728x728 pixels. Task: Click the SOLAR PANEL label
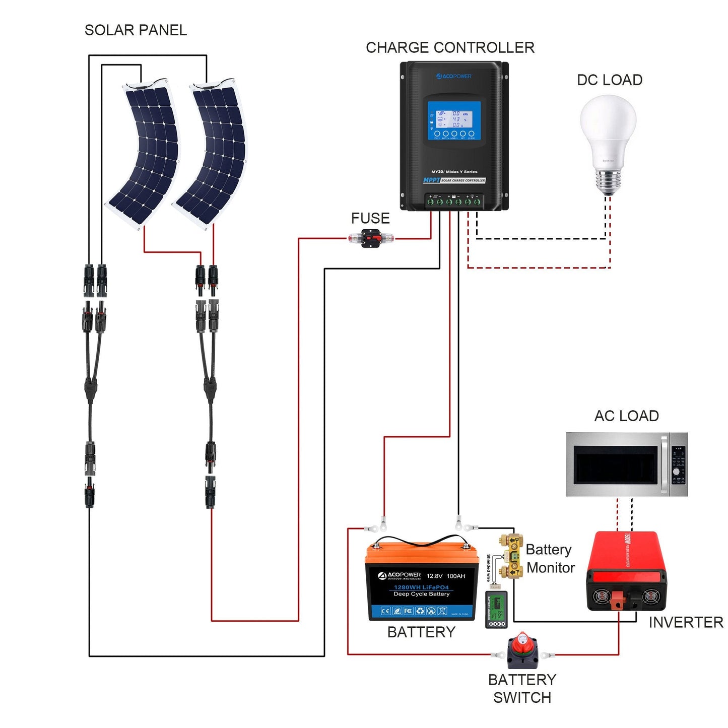(136, 30)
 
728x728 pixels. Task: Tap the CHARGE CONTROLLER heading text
(450, 48)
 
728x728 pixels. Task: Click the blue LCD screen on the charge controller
(454, 121)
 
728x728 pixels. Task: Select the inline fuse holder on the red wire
(371, 238)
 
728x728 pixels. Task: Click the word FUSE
(370, 218)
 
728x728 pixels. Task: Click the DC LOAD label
(610, 80)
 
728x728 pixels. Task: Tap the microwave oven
(626, 465)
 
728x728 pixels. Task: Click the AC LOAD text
(626, 416)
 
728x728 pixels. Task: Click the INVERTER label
(686, 623)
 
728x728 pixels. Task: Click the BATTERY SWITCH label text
(522, 689)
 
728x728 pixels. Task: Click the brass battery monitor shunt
(512, 556)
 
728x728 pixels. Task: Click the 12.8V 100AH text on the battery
(446, 576)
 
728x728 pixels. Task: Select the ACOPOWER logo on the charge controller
(454, 76)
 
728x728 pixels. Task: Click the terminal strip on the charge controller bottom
(453, 201)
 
